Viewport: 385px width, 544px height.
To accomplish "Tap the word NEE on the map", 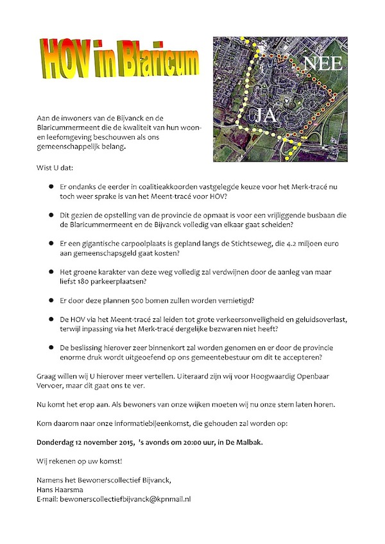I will tap(322, 64).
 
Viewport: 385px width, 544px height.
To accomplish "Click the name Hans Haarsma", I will tap(58, 489).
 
